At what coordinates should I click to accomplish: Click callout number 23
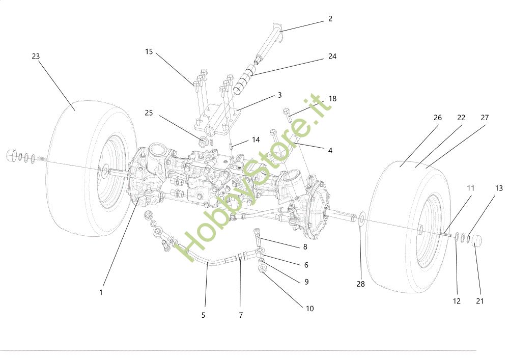coord(36,57)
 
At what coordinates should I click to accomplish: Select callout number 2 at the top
coord(330,19)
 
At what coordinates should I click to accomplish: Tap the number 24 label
coord(332,57)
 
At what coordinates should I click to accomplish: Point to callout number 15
coord(149,51)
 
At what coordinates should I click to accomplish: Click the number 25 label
coord(149,113)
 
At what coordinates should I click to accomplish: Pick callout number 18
coord(332,99)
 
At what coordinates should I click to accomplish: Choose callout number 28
coord(360,284)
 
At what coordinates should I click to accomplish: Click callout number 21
coord(480,301)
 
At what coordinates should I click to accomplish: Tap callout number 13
coord(498,188)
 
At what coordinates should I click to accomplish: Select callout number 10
coord(309,309)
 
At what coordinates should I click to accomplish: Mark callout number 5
coord(203,315)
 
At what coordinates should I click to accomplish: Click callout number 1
coord(101,292)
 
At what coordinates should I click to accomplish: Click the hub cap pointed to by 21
coord(478,240)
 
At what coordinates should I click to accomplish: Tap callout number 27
coord(484,118)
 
